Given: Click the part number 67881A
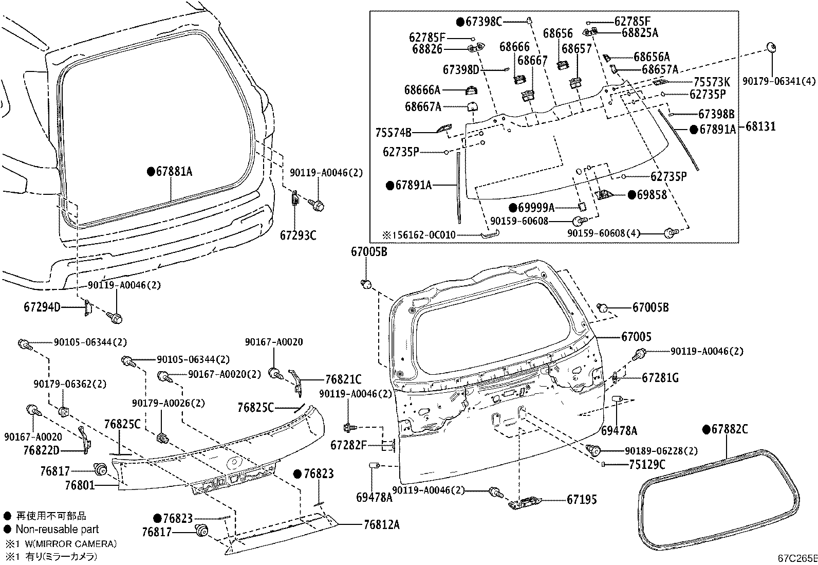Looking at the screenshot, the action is [x=174, y=171].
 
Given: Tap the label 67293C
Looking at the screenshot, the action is [x=298, y=235].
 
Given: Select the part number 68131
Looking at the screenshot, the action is [x=760, y=127].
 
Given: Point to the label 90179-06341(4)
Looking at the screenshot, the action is [x=779, y=81].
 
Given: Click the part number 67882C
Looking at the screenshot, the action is [x=730, y=429].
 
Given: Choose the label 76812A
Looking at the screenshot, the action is [x=382, y=525].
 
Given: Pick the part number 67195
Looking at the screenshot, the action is [x=582, y=500].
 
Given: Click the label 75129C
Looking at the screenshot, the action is [x=647, y=465].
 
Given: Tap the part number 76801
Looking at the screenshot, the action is [x=80, y=485].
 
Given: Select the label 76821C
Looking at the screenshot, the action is [x=343, y=380].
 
